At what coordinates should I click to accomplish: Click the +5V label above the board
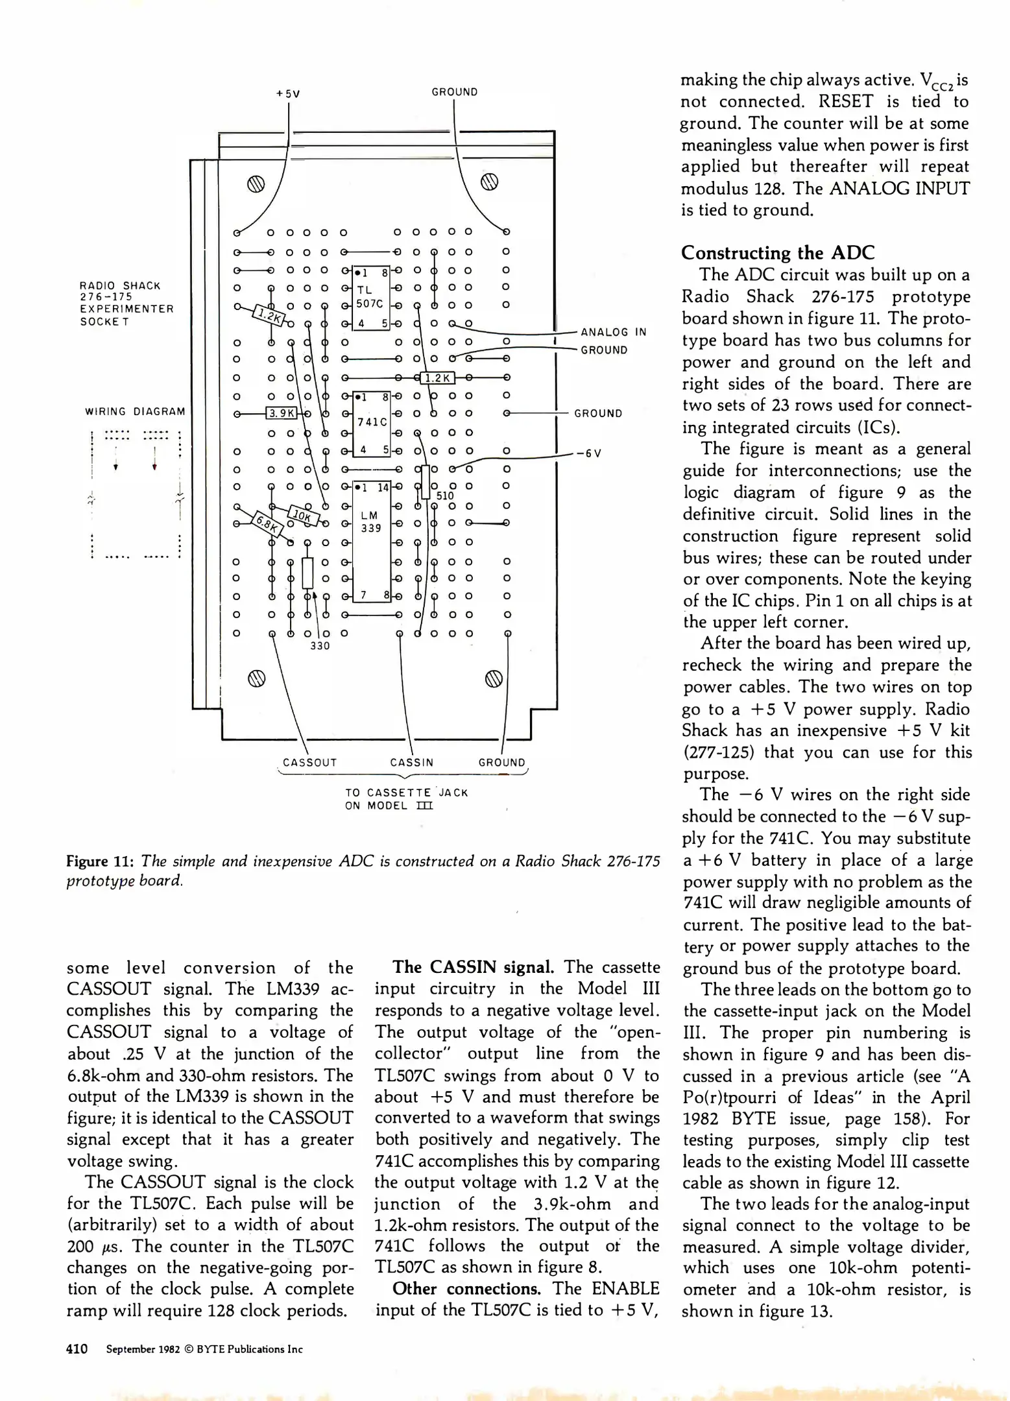[x=288, y=93]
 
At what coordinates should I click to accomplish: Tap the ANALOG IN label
[x=613, y=332]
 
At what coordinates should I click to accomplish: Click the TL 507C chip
[x=370, y=297]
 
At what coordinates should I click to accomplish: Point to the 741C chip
[x=372, y=422]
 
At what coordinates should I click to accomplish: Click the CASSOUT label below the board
[x=309, y=763]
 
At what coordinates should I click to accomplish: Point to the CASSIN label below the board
[x=411, y=763]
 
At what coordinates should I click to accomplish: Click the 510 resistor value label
[x=445, y=496]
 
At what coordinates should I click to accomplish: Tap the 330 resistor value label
[x=320, y=646]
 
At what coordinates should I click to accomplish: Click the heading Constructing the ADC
[x=778, y=253]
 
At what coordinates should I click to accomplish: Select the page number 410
[x=77, y=1349]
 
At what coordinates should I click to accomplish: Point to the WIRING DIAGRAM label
[x=135, y=412]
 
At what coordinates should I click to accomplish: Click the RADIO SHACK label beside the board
[x=120, y=285]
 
